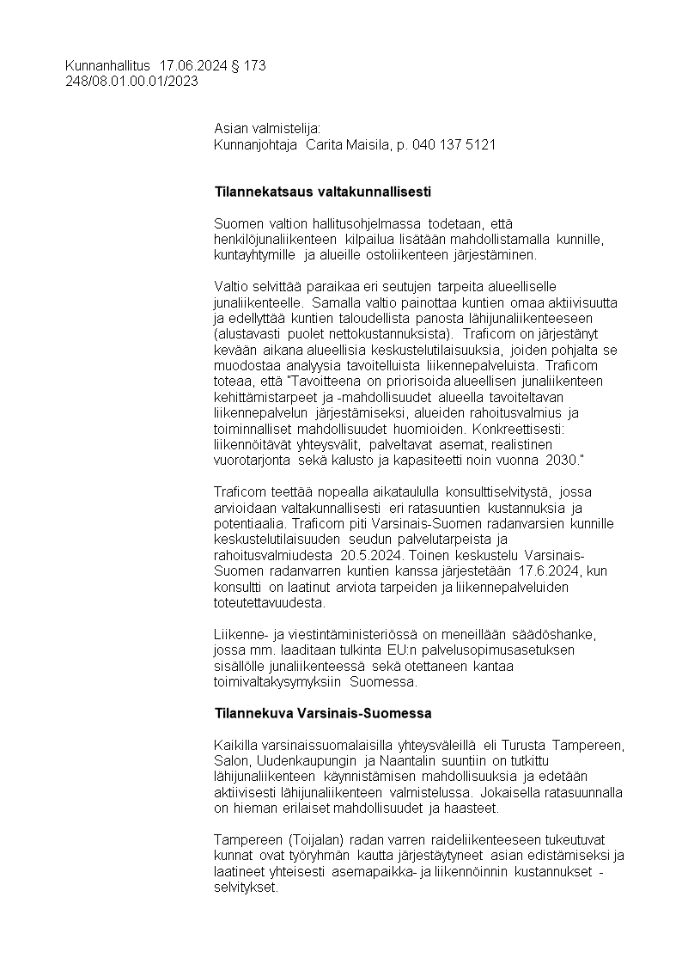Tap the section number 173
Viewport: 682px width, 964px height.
(x=255, y=66)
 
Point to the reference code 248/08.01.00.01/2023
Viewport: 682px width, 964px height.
(x=131, y=82)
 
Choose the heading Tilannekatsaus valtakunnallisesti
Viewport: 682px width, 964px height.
(x=322, y=191)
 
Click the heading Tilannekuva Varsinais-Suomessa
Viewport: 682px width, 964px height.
(x=322, y=714)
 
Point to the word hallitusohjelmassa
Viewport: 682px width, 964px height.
(x=348, y=223)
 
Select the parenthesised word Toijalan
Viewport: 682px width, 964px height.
(x=308, y=839)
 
